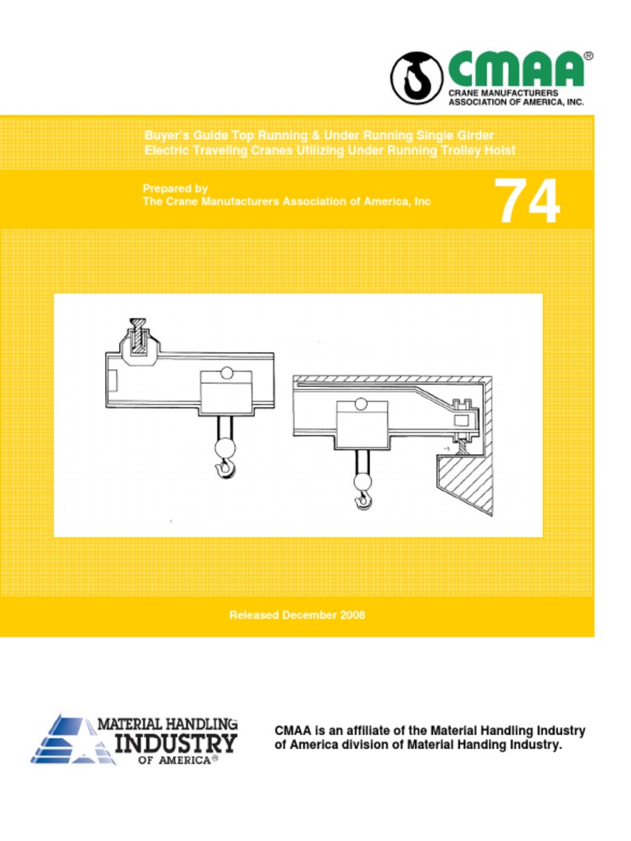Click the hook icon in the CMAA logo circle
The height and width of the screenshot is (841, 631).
417,78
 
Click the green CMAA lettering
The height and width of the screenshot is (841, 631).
515,70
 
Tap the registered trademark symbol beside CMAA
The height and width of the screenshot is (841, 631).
587,57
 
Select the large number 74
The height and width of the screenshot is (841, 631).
527,202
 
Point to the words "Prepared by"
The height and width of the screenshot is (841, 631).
175,188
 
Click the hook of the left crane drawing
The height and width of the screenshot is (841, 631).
224,469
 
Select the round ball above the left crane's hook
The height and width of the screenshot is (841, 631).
224,448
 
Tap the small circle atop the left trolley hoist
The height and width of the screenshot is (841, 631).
227,373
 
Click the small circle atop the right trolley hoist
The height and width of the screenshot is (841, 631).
360,403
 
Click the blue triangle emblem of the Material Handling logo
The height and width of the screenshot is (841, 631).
66,739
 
